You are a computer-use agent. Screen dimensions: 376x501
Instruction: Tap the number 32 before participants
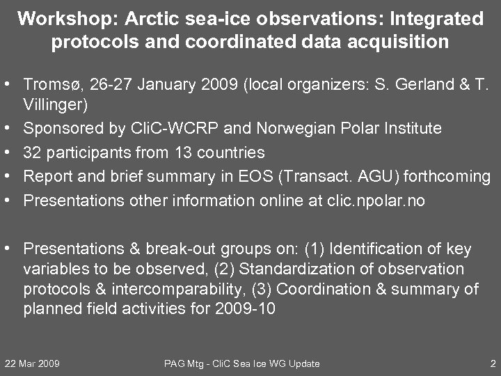point(32,152)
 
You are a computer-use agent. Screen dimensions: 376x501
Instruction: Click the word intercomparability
point(159,288)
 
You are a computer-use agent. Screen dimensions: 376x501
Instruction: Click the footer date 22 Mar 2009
point(32,363)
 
